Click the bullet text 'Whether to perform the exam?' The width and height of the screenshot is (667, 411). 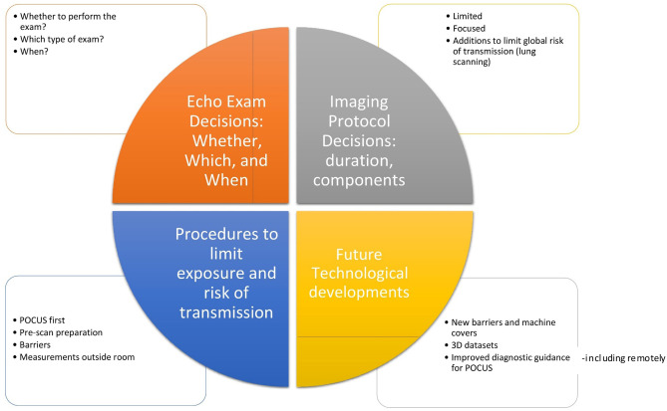(x=62, y=22)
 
